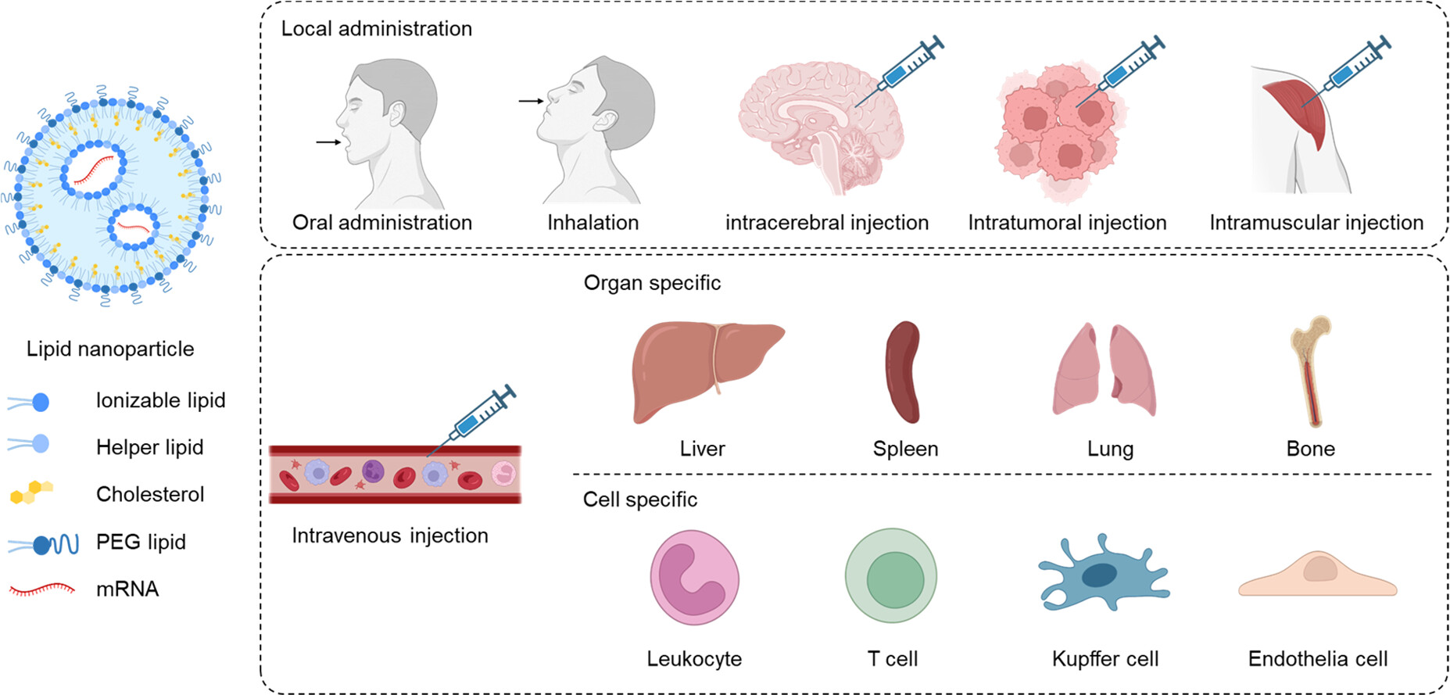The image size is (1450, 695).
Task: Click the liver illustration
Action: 704,371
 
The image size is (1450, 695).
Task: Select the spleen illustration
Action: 903,372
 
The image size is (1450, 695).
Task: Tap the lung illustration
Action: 1104,371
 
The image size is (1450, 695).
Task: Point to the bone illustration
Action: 1310,371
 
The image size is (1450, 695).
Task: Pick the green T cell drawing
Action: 891,576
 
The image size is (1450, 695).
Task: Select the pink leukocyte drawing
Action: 694,577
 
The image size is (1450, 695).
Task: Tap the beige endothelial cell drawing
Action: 1318,575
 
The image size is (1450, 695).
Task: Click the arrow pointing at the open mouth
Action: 328,142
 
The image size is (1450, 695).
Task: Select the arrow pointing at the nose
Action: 531,101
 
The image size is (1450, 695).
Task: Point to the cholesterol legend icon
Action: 31,493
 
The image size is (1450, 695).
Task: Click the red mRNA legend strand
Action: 42,589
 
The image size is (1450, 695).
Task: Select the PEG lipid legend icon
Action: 44,544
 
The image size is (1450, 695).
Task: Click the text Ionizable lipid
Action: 160,400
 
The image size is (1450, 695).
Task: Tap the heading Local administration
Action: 376,29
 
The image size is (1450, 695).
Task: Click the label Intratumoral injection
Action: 1066,223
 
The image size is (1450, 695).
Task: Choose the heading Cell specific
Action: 639,500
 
